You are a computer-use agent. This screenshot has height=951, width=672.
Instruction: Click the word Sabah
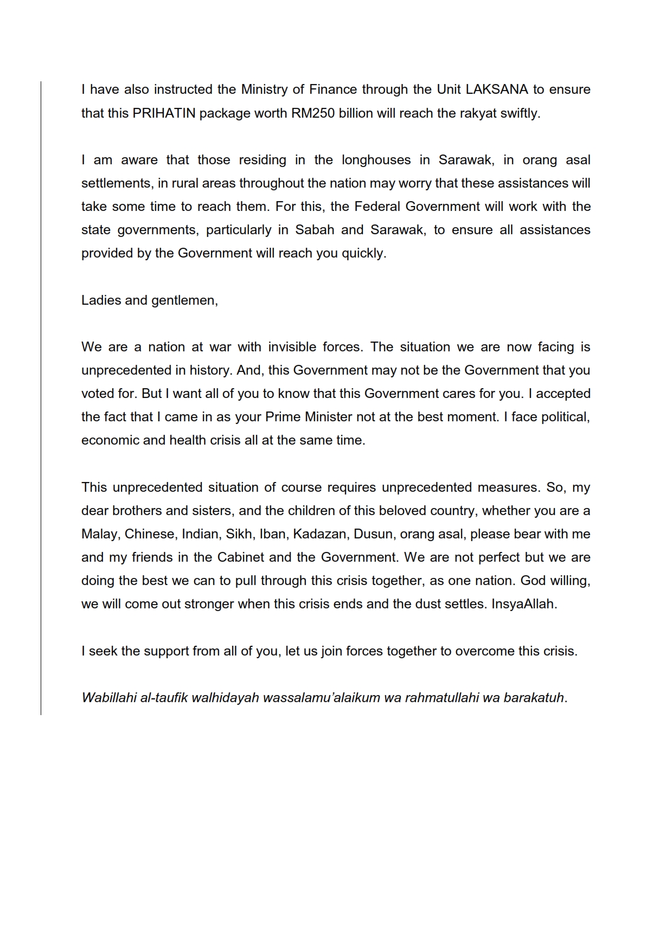(315, 230)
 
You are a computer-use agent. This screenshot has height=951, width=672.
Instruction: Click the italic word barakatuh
(534, 698)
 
